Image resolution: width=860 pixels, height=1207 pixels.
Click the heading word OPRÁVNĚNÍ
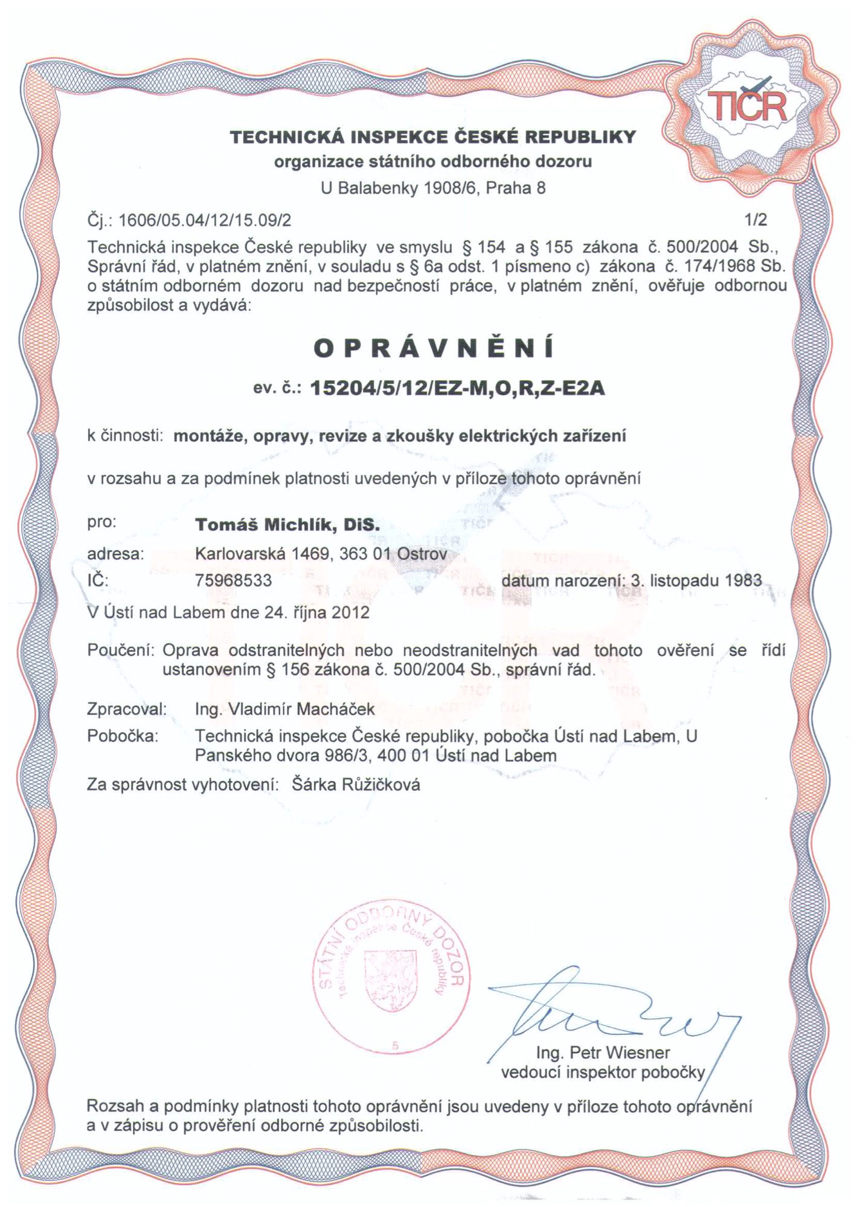pyautogui.click(x=434, y=348)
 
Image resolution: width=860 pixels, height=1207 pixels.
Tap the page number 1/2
pyautogui.click(x=756, y=220)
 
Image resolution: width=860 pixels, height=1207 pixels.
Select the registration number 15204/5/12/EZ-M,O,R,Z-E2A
pyautogui.click(x=457, y=388)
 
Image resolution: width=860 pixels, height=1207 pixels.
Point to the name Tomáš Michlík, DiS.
pyautogui.click(x=287, y=525)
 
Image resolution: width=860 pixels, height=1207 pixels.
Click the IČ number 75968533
pyautogui.click(x=234, y=581)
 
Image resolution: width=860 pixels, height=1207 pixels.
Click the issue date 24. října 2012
pyautogui.click(x=316, y=613)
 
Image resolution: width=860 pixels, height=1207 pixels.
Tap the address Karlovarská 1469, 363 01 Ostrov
pyautogui.click(x=321, y=553)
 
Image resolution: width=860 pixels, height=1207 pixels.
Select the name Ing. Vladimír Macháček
pyautogui.click(x=284, y=709)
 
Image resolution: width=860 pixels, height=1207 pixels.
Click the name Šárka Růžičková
pyautogui.click(x=356, y=785)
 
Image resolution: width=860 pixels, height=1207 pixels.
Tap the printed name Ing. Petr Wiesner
pyautogui.click(x=603, y=1053)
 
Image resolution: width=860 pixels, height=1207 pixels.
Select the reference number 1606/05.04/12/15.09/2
pyautogui.click(x=205, y=220)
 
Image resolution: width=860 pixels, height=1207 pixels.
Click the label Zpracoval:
pyautogui.click(x=127, y=709)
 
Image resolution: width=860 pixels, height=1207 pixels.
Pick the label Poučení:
pyautogui.click(x=122, y=651)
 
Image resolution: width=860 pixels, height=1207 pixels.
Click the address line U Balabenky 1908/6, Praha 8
pyautogui.click(x=433, y=188)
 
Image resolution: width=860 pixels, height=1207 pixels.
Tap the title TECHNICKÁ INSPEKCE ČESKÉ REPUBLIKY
pyautogui.click(x=433, y=137)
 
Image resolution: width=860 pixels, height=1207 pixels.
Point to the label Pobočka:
pyautogui.click(x=123, y=736)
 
